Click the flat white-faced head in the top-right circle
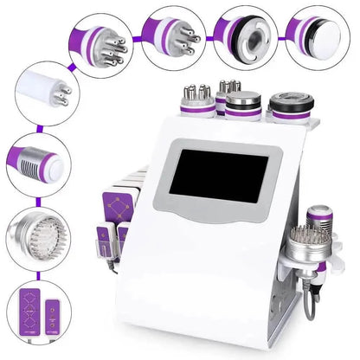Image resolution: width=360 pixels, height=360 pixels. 317,35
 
